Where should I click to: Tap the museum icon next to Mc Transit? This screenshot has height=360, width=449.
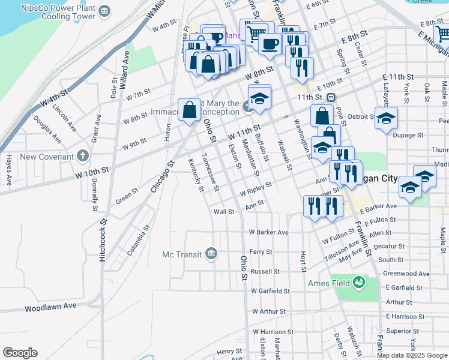point(211,254)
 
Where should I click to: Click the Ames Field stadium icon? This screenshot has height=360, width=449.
point(359,281)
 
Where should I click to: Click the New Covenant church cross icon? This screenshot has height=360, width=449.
point(82,157)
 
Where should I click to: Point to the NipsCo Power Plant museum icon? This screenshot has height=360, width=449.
point(106,11)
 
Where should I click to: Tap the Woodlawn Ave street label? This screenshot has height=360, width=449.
point(50,307)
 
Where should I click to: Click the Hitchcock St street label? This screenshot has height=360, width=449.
point(103,239)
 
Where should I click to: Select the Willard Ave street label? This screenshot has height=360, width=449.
point(124,69)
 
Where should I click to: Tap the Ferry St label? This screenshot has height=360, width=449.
point(261,252)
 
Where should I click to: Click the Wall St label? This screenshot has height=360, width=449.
point(224,212)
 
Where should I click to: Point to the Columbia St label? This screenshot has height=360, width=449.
point(138,241)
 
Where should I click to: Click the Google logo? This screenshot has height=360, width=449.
point(20,353)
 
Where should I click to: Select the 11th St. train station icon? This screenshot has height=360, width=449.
point(331,97)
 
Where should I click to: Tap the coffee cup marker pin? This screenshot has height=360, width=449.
point(270,43)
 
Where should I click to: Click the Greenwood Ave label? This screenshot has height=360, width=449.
point(407,274)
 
